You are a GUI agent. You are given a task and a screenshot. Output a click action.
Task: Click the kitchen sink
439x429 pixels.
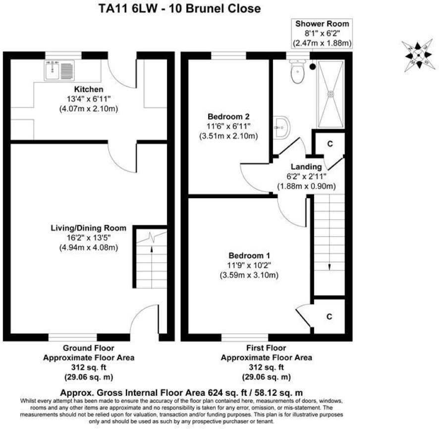point(59,70)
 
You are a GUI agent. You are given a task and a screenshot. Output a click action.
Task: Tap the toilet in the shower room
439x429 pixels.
point(297,71)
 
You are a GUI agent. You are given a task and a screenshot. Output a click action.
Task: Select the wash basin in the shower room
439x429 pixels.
point(281,127)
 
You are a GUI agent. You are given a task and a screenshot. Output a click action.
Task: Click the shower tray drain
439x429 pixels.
point(331,94)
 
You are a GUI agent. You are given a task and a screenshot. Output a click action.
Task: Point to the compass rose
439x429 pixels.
point(419,55)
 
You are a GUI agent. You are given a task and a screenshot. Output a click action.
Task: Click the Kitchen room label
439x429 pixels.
point(89,89)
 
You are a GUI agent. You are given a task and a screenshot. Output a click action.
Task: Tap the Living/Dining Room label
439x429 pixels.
point(89,228)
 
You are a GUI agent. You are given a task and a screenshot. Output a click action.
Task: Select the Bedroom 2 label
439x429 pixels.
point(228,116)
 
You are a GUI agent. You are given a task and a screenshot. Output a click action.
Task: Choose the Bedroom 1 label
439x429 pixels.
point(249,256)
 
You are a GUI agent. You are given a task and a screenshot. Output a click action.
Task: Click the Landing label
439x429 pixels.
point(306,167)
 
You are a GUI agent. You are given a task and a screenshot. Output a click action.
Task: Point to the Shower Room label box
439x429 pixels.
point(322,34)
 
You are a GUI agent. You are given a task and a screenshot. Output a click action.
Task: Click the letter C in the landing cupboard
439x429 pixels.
point(330,144)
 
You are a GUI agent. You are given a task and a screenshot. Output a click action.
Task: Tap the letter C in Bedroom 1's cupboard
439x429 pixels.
point(329,317)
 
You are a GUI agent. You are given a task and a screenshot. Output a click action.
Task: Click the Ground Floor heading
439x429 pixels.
point(89,348)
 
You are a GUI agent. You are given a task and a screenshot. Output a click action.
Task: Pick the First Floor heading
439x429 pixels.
point(266,348)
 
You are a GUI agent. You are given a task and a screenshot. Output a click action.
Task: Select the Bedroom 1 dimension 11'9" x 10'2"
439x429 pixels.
point(249,265)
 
